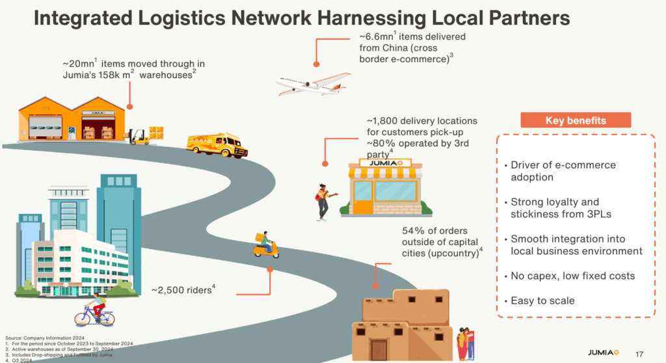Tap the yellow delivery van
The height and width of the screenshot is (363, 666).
(217, 144)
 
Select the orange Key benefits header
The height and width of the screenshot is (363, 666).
(576, 120)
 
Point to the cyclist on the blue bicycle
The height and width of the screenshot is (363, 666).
(94, 312)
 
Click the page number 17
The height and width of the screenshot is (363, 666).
(639, 353)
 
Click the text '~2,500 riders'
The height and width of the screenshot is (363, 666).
(181, 289)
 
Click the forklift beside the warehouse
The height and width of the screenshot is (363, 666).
(137, 136)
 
